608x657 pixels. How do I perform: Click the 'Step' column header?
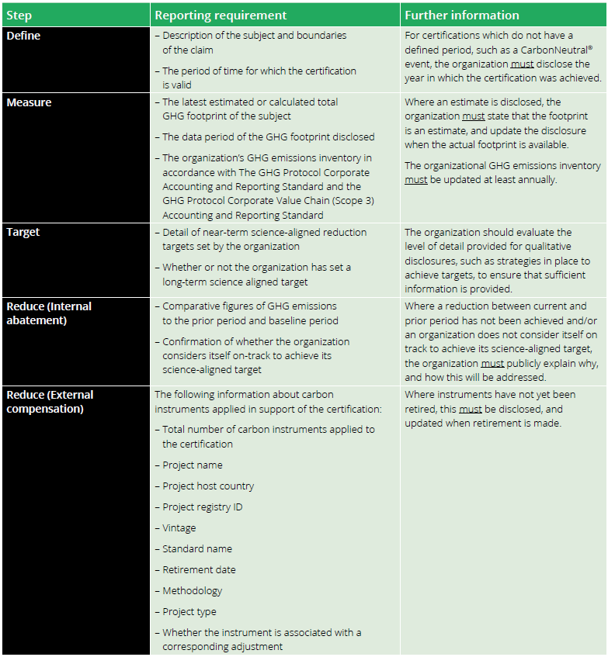(x=19, y=15)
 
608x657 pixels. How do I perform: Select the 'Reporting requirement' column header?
(x=221, y=15)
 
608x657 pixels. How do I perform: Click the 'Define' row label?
(x=25, y=36)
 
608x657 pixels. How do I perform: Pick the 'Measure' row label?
(x=30, y=102)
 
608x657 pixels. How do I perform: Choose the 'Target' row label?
(x=23, y=233)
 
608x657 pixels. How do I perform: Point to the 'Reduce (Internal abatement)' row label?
(x=49, y=313)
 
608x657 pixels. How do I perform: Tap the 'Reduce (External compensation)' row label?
(x=49, y=401)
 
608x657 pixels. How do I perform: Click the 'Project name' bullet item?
(x=192, y=465)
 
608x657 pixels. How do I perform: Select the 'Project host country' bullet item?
(x=208, y=486)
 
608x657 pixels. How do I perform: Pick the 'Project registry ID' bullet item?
(x=202, y=507)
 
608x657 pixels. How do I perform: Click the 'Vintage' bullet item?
(x=179, y=528)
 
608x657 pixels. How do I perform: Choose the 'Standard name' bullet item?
(x=197, y=549)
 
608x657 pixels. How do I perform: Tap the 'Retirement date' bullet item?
(x=199, y=570)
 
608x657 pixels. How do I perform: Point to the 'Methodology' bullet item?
(x=192, y=591)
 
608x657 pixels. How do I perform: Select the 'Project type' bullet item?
(x=189, y=612)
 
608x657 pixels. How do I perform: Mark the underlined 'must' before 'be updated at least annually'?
(x=415, y=180)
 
